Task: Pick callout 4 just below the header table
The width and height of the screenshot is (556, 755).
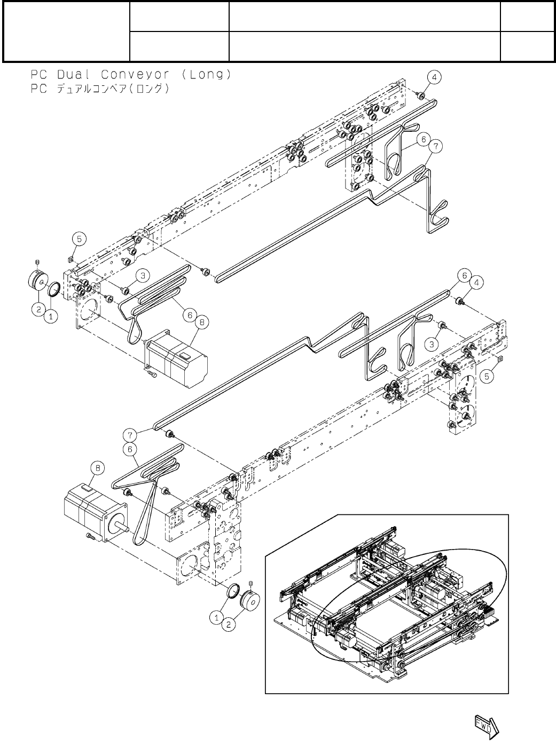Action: click(x=435, y=78)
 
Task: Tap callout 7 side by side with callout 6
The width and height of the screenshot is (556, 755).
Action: click(x=436, y=145)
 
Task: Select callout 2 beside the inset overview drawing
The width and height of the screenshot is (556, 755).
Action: click(x=228, y=625)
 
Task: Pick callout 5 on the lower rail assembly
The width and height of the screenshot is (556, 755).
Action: click(x=485, y=376)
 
